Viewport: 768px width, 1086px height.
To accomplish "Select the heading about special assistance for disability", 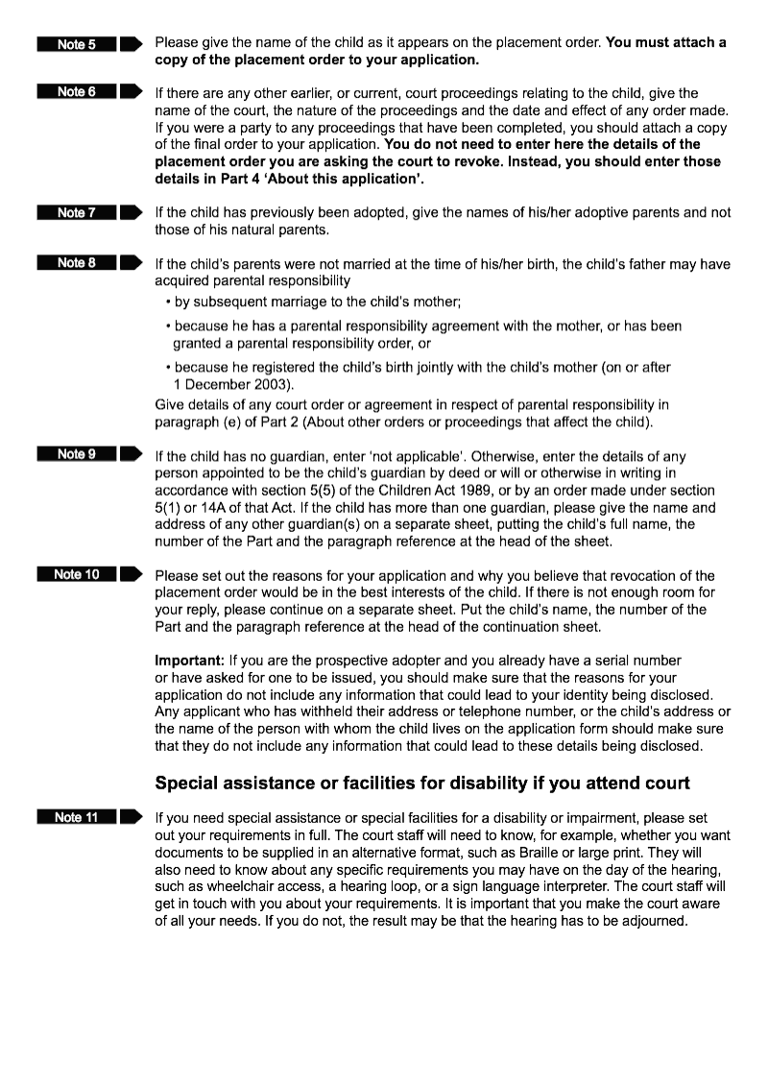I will tap(422, 783).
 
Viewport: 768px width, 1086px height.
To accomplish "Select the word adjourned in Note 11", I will tap(656, 921).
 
